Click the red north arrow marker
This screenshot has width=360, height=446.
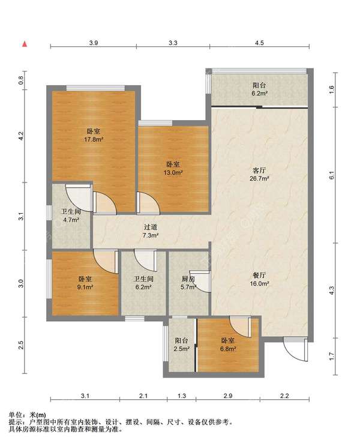pos(25,44)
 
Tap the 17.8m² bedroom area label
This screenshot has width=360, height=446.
pos(94,136)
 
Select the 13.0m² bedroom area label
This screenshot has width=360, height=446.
pos(173,168)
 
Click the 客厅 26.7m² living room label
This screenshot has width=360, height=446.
pos(259,174)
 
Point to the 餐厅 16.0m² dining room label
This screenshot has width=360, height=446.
pos(259,279)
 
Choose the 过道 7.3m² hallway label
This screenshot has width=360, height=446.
pos(151,231)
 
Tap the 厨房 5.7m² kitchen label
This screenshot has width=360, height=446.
pos(188,283)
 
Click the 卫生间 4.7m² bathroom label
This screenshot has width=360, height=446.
pos(71,215)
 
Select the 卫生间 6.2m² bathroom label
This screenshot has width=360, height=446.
pos(143,283)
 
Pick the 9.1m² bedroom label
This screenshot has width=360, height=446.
pos(85,283)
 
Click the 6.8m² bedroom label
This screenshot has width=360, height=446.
pos(228,345)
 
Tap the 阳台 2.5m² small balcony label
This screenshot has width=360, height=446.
pos(181,344)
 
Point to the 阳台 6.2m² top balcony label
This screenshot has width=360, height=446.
pos(259,89)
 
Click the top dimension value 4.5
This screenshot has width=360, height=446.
pos(259,43)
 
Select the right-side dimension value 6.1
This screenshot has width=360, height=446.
pos(332,175)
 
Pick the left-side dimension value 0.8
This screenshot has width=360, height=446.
pos(22,81)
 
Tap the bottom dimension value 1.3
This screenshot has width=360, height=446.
pos(181,396)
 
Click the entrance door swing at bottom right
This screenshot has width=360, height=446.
pos(296,349)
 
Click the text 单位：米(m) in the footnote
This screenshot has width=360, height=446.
pos(27,415)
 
